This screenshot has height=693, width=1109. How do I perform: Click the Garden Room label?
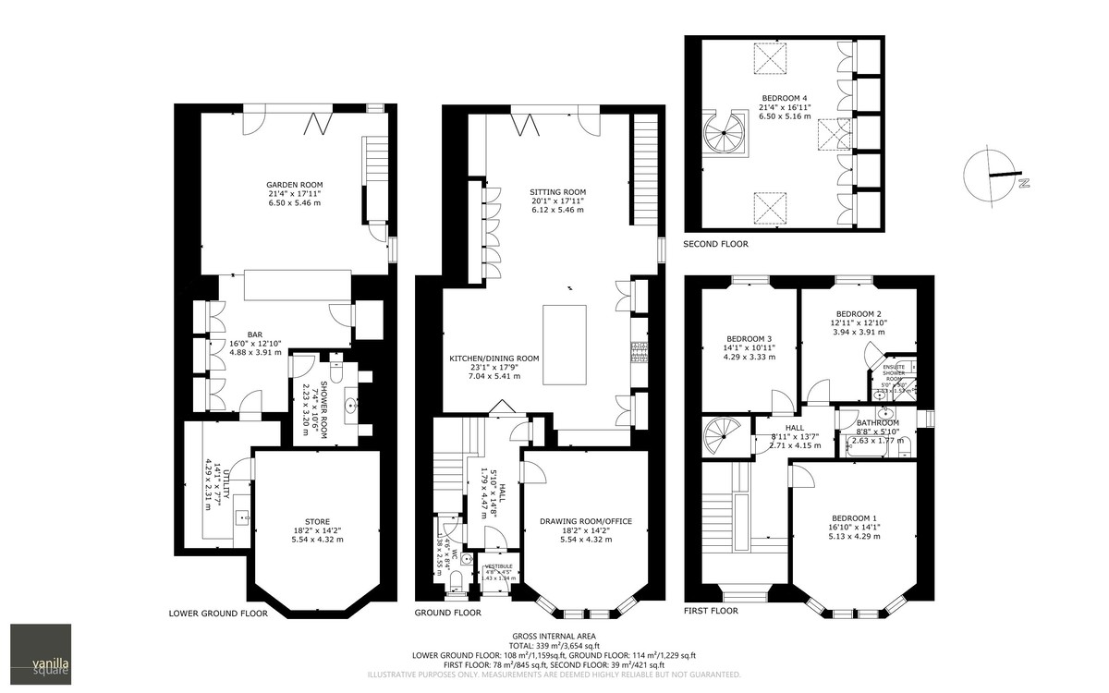(x=295, y=185)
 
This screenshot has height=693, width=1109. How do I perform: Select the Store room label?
(x=317, y=522)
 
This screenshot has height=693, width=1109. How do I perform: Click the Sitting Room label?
(x=557, y=192)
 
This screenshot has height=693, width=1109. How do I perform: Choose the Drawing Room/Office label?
(x=586, y=522)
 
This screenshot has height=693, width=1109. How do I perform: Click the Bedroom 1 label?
(x=855, y=518)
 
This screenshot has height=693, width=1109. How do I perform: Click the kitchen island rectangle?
(x=564, y=344)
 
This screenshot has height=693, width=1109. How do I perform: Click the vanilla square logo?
(x=40, y=655)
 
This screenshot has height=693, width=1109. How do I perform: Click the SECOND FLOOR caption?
(x=715, y=244)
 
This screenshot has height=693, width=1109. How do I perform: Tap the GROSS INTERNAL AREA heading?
(x=554, y=636)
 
